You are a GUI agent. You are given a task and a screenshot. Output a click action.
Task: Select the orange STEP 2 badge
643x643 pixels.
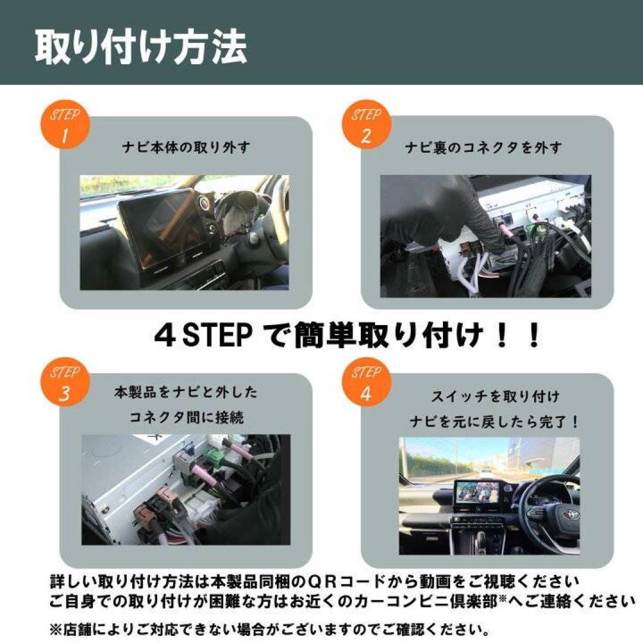[x=366, y=126]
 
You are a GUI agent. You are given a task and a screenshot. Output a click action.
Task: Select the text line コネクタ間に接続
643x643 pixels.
[x=186, y=417]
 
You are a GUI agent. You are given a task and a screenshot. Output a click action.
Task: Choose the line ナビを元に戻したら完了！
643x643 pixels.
[x=494, y=422]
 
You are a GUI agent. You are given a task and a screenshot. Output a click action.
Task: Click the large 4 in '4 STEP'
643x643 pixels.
[x=164, y=336]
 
